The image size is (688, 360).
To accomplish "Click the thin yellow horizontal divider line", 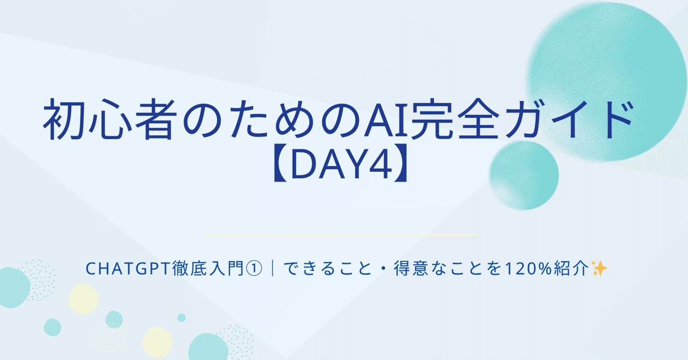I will pyautogui.click(x=341, y=235).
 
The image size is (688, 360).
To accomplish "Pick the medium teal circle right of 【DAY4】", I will pyautogui.click(x=524, y=175).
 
